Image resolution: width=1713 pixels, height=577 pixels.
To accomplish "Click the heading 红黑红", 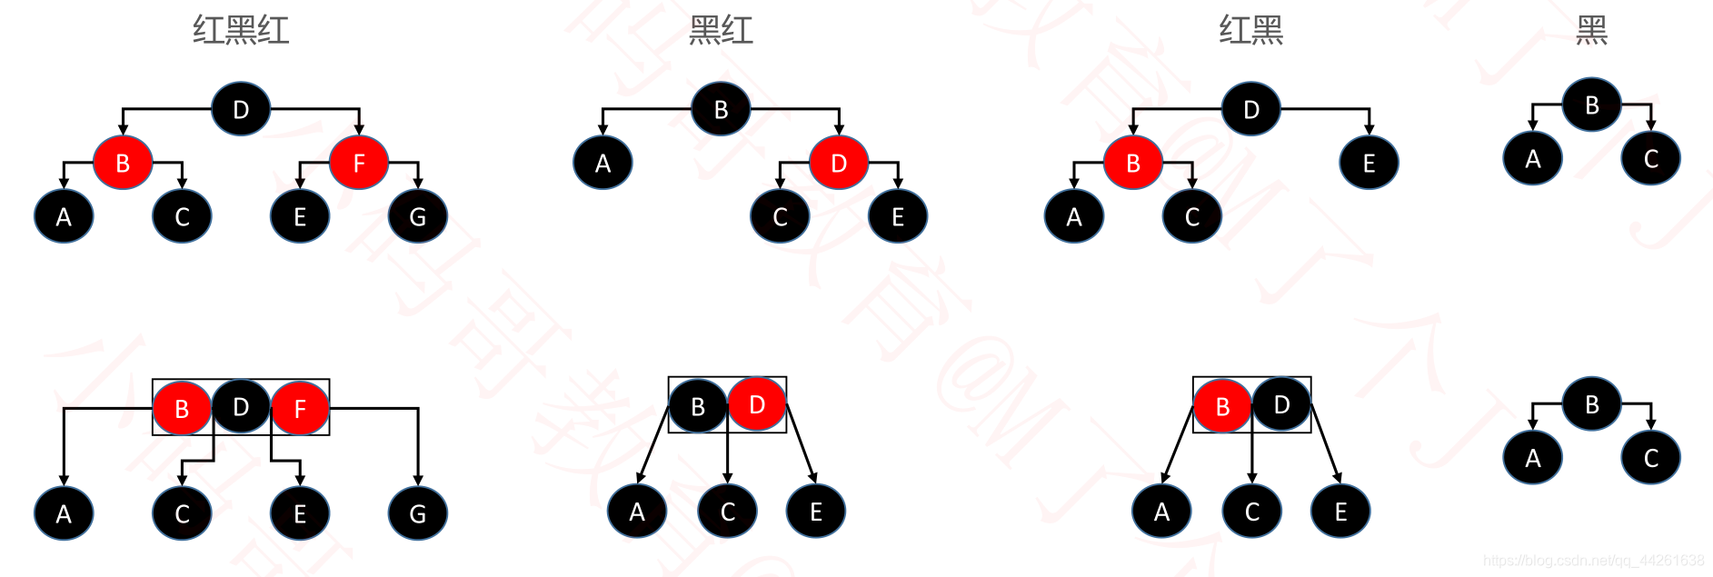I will [x=241, y=31].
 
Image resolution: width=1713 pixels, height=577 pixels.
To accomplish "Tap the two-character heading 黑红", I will [x=721, y=31].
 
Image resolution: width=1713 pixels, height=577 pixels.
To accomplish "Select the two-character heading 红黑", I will [x=1250, y=31].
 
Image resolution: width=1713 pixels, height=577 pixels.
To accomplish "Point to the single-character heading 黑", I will [x=1591, y=31].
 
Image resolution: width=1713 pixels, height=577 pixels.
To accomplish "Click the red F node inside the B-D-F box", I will [x=300, y=409].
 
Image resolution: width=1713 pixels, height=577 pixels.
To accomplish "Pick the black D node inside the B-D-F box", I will [x=241, y=407].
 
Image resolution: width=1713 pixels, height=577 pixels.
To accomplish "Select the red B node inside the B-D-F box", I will [x=182, y=409].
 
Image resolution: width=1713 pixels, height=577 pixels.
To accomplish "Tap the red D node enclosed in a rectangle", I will [x=757, y=404].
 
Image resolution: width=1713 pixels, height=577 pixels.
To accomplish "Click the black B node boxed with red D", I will [x=698, y=406].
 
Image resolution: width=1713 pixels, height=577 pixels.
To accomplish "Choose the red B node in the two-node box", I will [x=1222, y=406].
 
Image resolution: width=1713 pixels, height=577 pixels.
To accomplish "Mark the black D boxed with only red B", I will [x=1281, y=404].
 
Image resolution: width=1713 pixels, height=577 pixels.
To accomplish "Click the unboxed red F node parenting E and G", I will [x=359, y=163].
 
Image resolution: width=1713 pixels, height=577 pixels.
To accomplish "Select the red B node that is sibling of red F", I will [x=123, y=163].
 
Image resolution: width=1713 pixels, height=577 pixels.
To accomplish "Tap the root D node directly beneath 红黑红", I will [x=241, y=109].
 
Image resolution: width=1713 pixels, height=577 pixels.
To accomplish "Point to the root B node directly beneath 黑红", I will [x=721, y=109].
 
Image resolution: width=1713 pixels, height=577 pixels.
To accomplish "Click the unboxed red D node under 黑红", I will [x=839, y=163].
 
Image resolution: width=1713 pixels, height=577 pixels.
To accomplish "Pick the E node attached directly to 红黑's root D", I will [x=1369, y=163].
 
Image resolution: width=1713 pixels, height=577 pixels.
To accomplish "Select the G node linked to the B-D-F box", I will [x=418, y=513].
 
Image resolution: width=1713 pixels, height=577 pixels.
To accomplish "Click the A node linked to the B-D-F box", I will [x=64, y=513].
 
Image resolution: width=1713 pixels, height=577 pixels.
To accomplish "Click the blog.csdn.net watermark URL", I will [x=1593, y=561].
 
